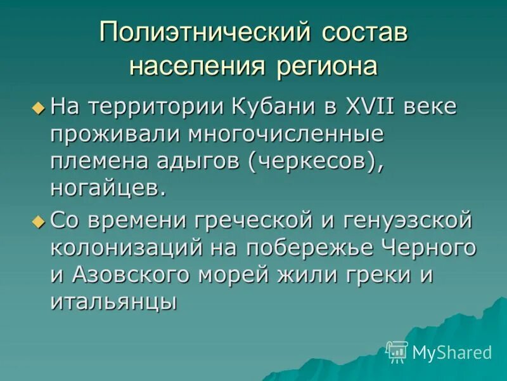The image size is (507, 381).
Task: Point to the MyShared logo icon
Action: click(x=397, y=351)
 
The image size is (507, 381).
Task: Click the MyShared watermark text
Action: click(x=452, y=352)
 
